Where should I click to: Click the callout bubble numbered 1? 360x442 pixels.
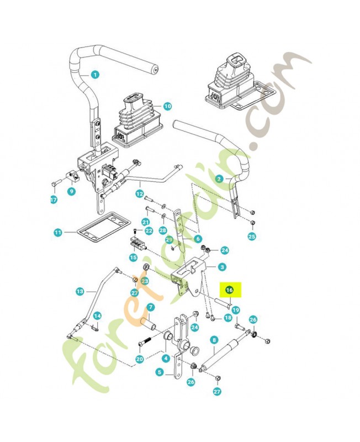95,75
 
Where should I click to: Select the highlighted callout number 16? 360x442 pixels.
229,290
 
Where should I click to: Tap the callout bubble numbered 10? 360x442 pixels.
167,106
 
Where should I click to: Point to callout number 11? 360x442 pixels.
58,233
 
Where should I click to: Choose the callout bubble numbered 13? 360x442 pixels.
80,291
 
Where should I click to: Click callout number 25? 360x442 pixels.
252,236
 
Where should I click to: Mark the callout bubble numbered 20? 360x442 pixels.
140,359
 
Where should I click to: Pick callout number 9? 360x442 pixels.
72,191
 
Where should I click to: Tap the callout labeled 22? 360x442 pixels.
149,231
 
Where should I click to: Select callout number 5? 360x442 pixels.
160,372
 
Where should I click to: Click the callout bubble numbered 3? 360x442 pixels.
223,267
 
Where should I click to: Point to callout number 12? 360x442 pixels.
140,194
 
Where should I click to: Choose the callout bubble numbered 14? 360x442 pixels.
97,316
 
